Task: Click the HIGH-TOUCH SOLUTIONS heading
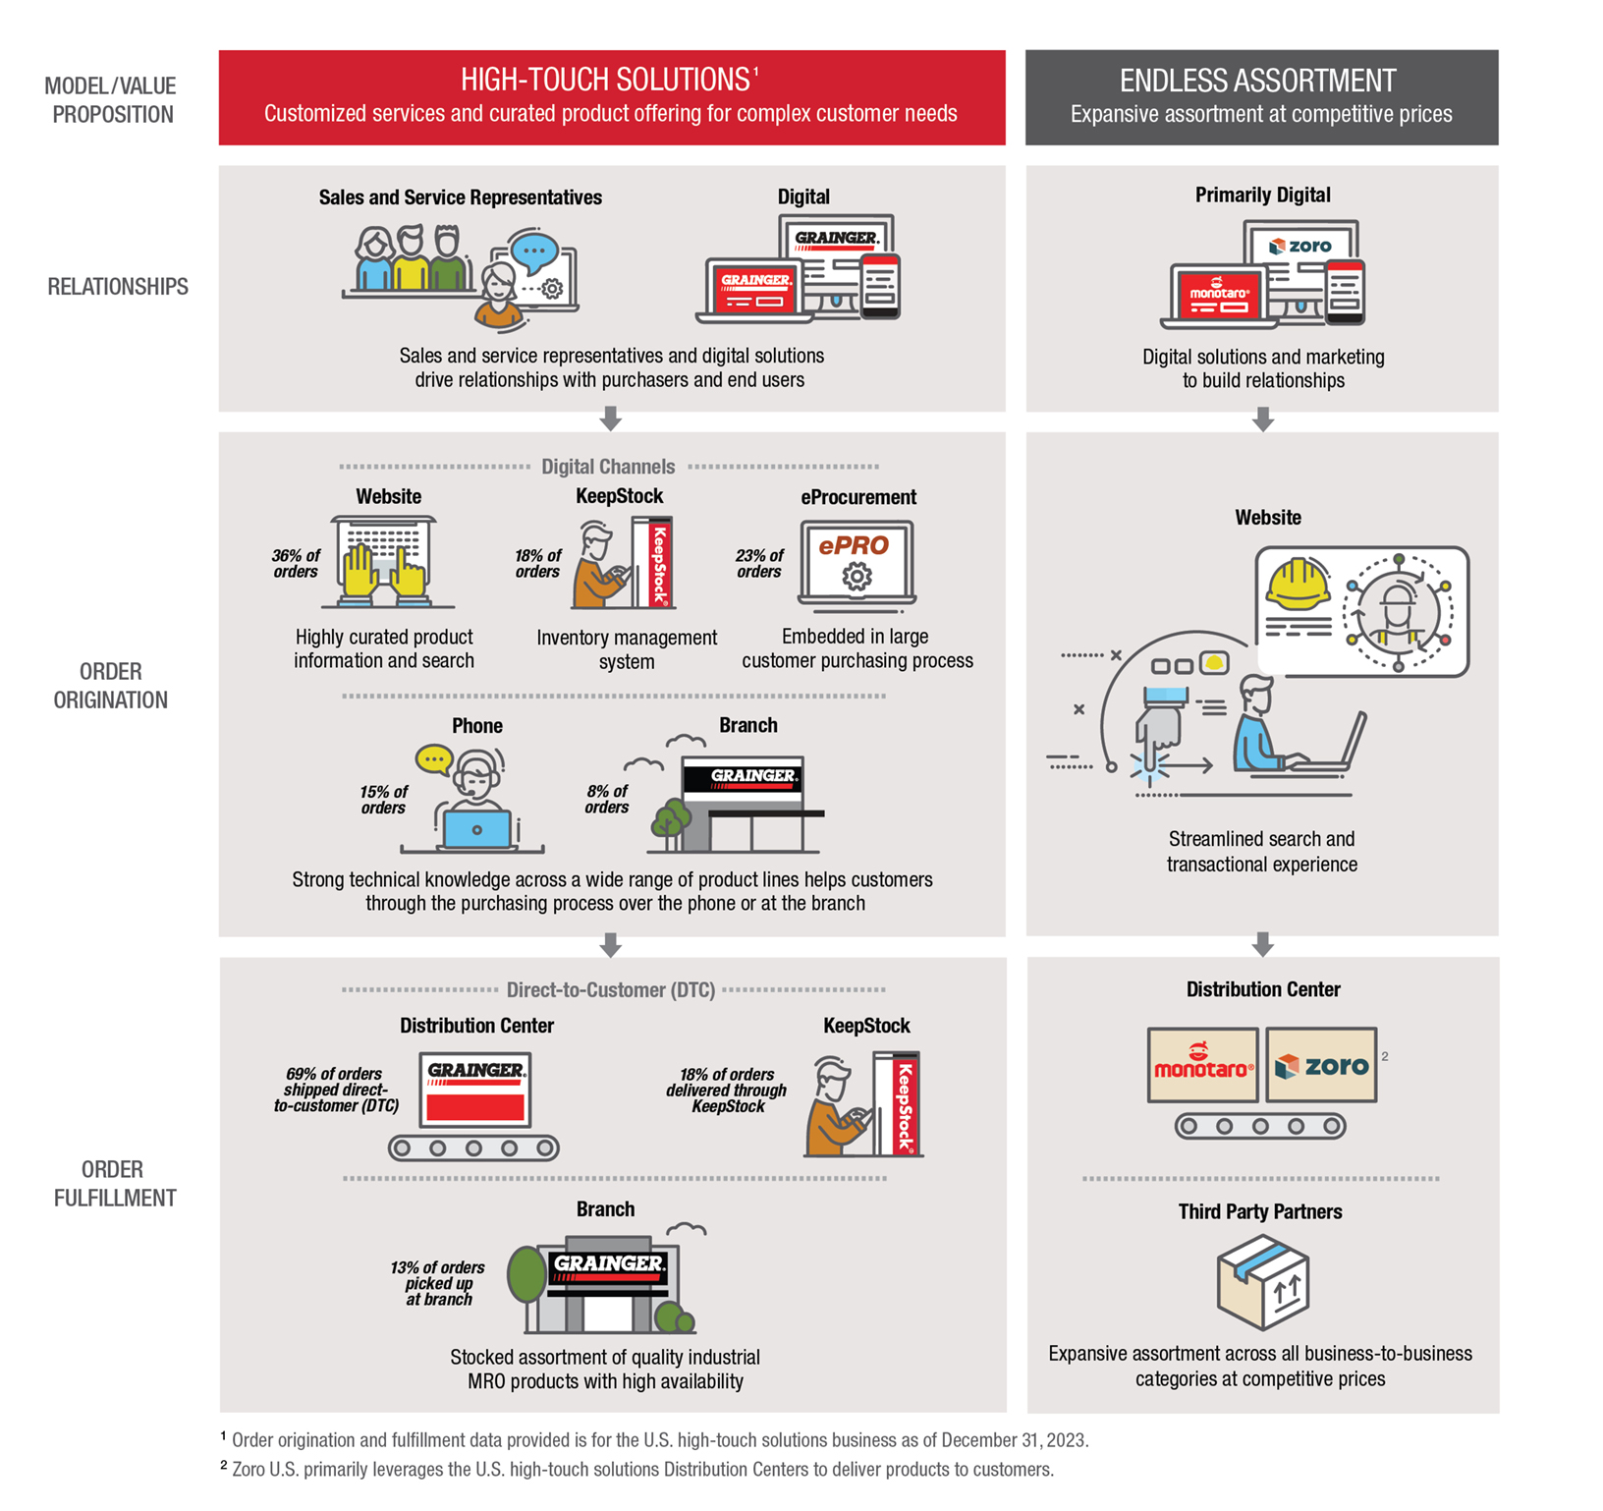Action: tap(606, 80)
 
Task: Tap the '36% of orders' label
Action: tap(296, 564)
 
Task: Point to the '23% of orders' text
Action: tap(759, 564)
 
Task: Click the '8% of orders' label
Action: tap(607, 799)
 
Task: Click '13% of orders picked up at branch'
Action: tap(438, 1283)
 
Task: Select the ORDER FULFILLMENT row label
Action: tap(114, 1184)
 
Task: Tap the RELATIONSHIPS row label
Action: tap(118, 287)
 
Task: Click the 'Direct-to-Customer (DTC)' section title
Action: tap(610, 989)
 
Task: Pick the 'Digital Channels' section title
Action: tap(608, 467)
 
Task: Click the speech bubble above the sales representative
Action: tap(534, 251)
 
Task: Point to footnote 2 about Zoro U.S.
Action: tap(638, 1470)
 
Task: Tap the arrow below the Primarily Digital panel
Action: tap(1263, 420)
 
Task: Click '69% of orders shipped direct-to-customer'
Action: tap(336, 1090)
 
